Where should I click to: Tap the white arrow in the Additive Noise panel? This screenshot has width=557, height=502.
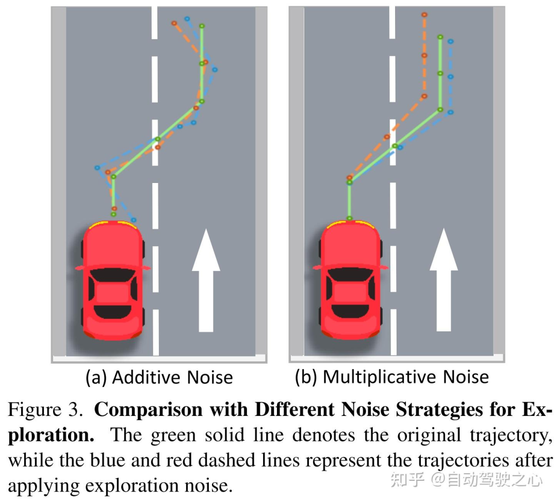point(206,281)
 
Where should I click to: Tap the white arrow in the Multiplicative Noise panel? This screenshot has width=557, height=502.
point(444,281)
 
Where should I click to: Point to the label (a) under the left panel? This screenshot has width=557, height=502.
point(96,378)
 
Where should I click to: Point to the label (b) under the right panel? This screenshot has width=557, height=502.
point(306,377)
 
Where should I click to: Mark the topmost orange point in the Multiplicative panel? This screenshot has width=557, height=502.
point(424,15)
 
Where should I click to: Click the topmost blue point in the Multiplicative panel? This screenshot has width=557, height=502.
point(450,41)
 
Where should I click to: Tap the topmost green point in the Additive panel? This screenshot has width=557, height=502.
point(202,25)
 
